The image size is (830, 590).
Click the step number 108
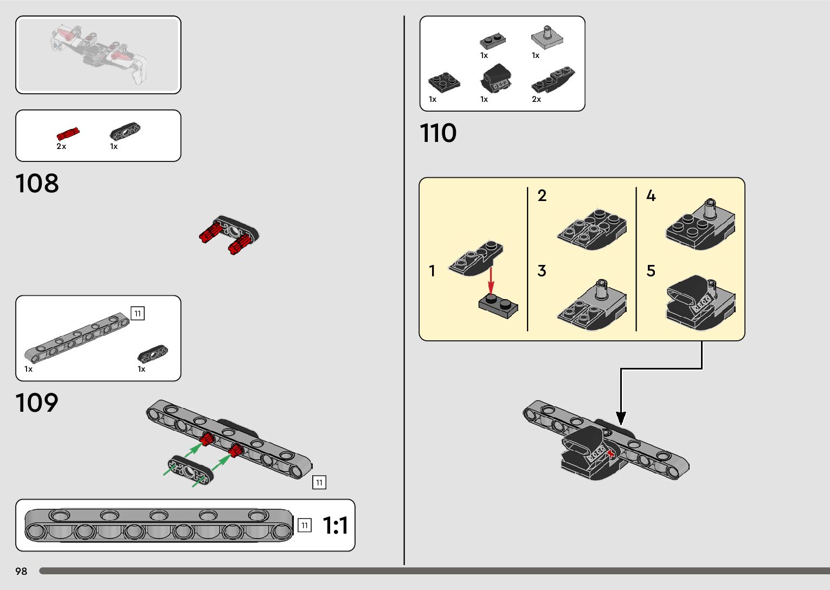pyautogui.click(x=37, y=184)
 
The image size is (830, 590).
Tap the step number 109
pyautogui.click(x=36, y=403)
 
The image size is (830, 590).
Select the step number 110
pyautogui.click(x=438, y=133)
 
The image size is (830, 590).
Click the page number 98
pyautogui.click(x=21, y=571)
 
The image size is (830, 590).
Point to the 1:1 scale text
pyautogui.click(x=335, y=526)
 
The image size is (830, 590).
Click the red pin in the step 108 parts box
pyautogui.click(x=68, y=134)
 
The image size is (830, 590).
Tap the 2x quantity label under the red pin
pyautogui.click(x=61, y=146)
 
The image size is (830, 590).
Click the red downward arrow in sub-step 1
pyautogui.click(x=491, y=281)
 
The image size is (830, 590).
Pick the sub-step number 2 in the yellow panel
pyautogui.click(x=542, y=196)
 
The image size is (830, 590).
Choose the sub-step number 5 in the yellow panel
pyautogui.click(x=651, y=270)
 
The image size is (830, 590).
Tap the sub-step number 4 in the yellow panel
pyautogui.click(x=651, y=196)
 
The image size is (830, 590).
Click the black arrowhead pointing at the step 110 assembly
pyautogui.click(x=621, y=418)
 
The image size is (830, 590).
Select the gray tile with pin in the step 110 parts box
pyautogui.click(x=546, y=37)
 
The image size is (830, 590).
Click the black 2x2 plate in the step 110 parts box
pyautogui.click(x=444, y=82)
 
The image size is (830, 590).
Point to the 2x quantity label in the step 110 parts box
pyautogui.click(x=536, y=99)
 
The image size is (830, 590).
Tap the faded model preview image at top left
pyautogui.click(x=98, y=55)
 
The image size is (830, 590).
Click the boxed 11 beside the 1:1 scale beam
pyautogui.click(x=305, y=525)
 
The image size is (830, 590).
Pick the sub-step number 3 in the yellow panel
pyautogui.click(x=542, y=270)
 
